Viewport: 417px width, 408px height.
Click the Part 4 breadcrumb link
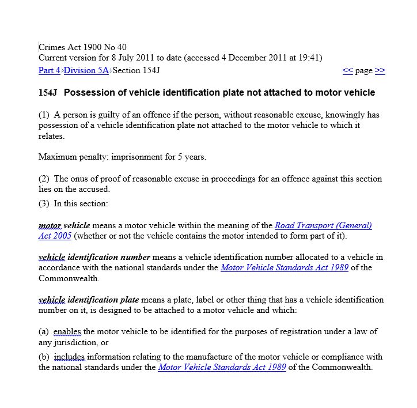pos(49,71)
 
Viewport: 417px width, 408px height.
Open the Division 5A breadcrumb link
pos(86,71)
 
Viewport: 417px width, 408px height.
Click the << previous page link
pos(347,71)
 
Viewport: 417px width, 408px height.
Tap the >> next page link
pos(380,71)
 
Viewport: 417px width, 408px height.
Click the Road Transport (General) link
pos(323,225)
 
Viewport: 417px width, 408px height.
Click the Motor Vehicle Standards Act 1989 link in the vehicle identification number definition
pos(284,267)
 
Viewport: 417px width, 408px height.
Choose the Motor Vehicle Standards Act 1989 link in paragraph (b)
pos(222,367)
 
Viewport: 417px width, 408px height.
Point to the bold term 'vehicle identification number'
pos(94,257)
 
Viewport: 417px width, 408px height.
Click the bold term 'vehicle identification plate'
pos(89,300)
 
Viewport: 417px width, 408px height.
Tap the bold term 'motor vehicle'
pos(64,225)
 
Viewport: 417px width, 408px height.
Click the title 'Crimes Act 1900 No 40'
pos(82,47)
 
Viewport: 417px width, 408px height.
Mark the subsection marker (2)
pos(44,179)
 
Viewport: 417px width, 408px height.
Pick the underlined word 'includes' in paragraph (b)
pos(70,357)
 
